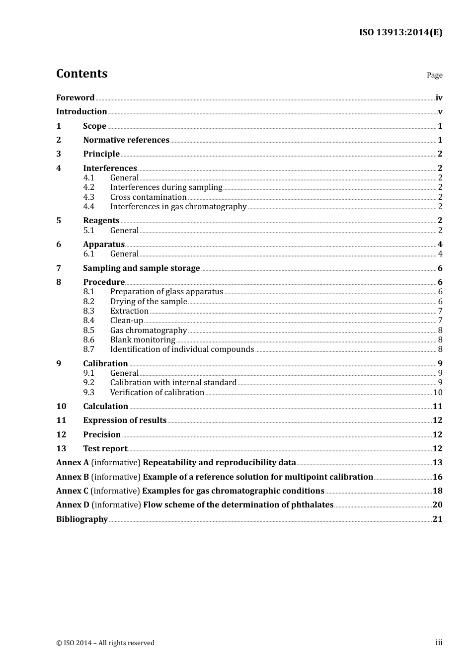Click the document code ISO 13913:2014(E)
tap(400, 32)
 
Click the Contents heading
tap(81, 74)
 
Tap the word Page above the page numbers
tap(434, 75)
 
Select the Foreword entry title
tap(75, 97)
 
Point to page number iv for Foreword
tap(439, 98)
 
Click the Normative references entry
tap(126, 140)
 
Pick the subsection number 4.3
tap(88, 197)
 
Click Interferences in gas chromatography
tap(178, 206)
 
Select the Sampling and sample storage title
tap(141, 268)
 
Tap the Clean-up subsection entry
tap(126, 321)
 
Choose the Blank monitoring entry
tap(143, 340)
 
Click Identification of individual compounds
tap(182, 349)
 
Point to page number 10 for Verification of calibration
tap(438, 393)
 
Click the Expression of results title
tap(125, 420)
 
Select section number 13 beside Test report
tap(61, 448)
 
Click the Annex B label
tap(73, 477)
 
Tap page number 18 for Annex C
tap(437, 491)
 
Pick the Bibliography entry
tap(82, 519)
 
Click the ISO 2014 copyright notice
tap(105, 643)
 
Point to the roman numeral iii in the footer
tap(439, 643)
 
